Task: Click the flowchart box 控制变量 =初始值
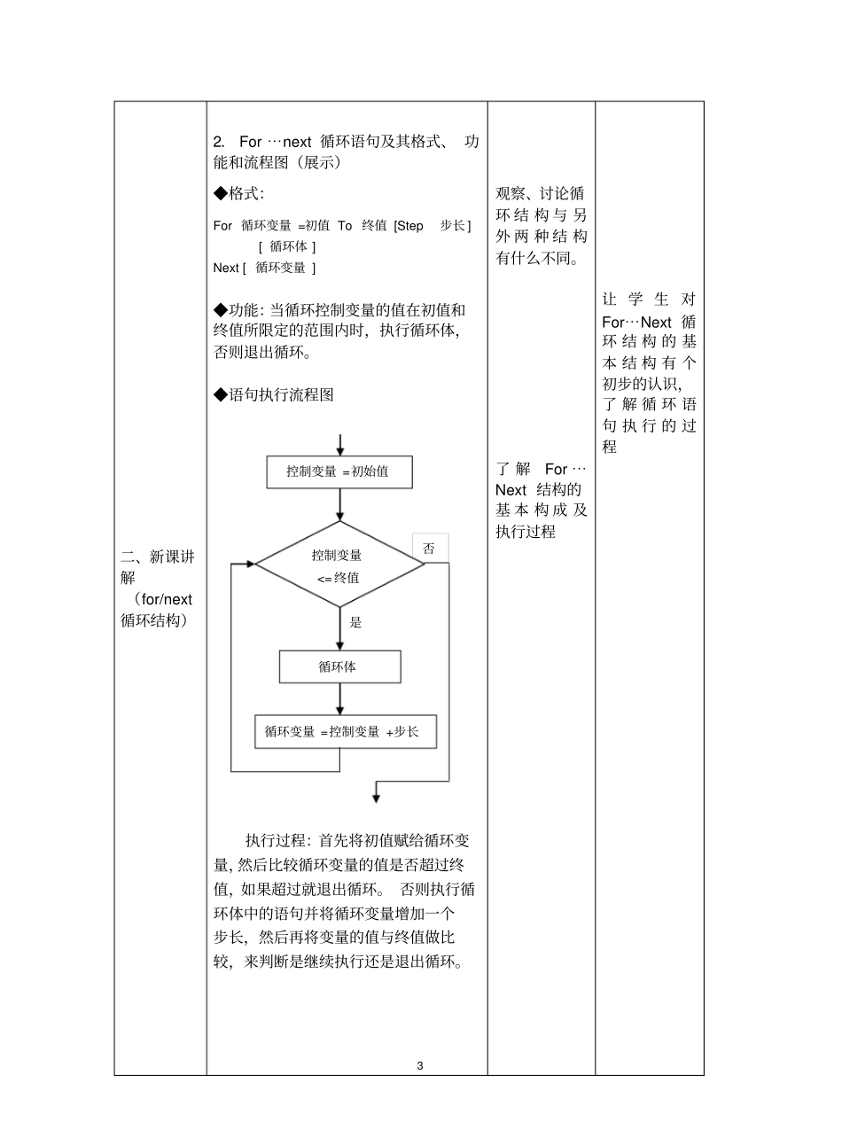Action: click(x=339, y=471)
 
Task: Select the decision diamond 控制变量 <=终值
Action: click(x=339, y=565)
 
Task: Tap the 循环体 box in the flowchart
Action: click(x=339, y=666)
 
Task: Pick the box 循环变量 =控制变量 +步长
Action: click(x=345, y=731)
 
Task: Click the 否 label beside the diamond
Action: click(x=429, y=549)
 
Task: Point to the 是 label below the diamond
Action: click(x=355, y=622)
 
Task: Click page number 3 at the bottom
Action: click(x=420, y=1065)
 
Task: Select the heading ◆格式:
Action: click(x=239, y=193)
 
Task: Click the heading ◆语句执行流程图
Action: click(x=274, y=395)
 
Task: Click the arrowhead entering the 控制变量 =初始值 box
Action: click(x=339, y=452)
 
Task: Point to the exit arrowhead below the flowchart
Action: click(x=376, y=798)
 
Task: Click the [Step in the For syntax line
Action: click(x=409, y=226)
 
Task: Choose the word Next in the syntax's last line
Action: click(x=226, y=268)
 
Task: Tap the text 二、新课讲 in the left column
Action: click(x=157, y=557)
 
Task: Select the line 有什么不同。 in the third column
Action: click(x=537, y=259)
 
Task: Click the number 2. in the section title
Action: click(x=220, y=143)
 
